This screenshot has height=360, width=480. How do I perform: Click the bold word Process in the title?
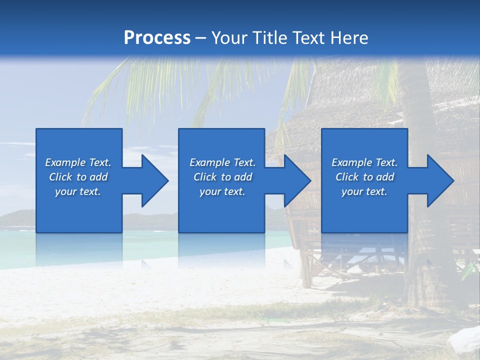157,38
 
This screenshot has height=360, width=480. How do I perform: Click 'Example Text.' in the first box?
78,162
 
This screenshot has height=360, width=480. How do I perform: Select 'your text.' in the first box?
78,191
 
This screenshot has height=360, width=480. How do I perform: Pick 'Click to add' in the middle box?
222,177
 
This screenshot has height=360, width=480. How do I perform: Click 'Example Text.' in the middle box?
222,162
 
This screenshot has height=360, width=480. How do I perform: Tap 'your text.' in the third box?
364,191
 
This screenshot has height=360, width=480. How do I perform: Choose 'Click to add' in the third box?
364,177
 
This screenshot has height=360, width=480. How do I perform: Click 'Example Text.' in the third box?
364,162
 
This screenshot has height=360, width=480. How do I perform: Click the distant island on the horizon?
17,218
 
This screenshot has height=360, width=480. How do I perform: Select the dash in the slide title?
201,38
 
